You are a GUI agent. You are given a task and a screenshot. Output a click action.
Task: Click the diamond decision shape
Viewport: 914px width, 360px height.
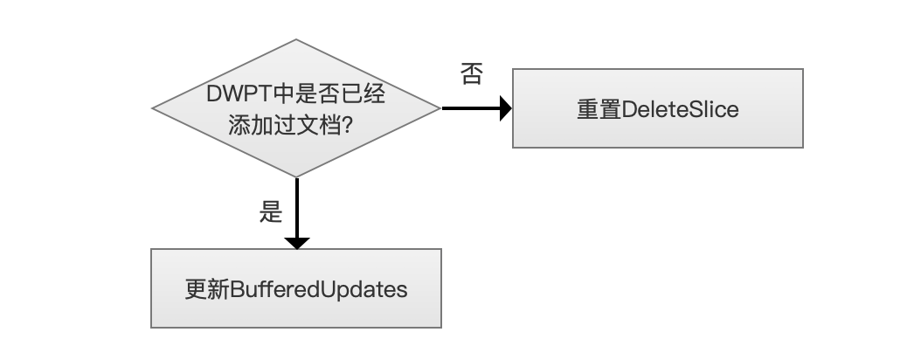coord(296,107)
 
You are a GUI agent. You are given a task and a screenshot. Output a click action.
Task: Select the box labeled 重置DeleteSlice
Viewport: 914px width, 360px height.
coord(657,108)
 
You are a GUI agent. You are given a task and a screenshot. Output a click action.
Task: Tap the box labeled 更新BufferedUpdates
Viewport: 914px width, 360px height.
coord(296,288)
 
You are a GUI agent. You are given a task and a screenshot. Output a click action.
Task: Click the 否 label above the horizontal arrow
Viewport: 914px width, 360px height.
coord(472,74)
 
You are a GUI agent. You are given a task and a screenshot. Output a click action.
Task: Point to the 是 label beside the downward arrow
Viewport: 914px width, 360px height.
coord(271,211)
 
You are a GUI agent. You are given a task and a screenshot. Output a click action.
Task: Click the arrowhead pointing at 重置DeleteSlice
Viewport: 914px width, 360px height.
coord(506,108)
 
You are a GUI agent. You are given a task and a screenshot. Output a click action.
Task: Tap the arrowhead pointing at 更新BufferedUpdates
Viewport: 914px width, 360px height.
coord(297,243)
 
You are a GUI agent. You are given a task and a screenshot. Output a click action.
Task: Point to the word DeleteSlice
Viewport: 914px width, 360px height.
coord(680,109)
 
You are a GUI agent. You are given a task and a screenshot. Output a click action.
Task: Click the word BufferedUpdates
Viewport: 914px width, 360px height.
coord(319,289)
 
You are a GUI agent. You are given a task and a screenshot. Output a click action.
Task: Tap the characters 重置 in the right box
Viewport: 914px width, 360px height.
coord(599,109)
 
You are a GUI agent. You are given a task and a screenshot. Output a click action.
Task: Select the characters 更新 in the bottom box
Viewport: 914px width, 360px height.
coord(207,289)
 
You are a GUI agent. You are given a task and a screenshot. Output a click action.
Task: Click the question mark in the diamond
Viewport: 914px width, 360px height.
coord(348,125)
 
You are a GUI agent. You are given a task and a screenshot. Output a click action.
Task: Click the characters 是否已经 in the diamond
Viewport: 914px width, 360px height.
coord(341,93)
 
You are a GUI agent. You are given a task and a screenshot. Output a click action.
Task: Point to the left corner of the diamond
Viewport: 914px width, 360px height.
coord(152,107)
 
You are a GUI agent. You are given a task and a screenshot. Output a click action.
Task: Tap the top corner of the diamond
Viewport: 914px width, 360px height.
coord(296,39)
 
